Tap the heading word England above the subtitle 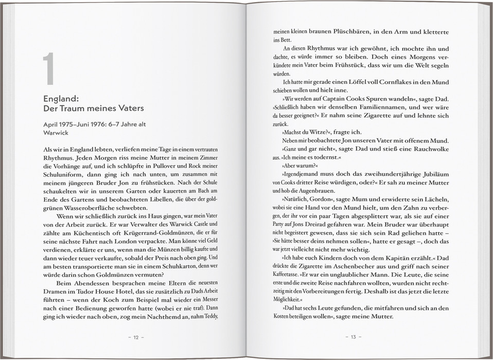point(62,98)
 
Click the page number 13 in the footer point(353,337)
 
